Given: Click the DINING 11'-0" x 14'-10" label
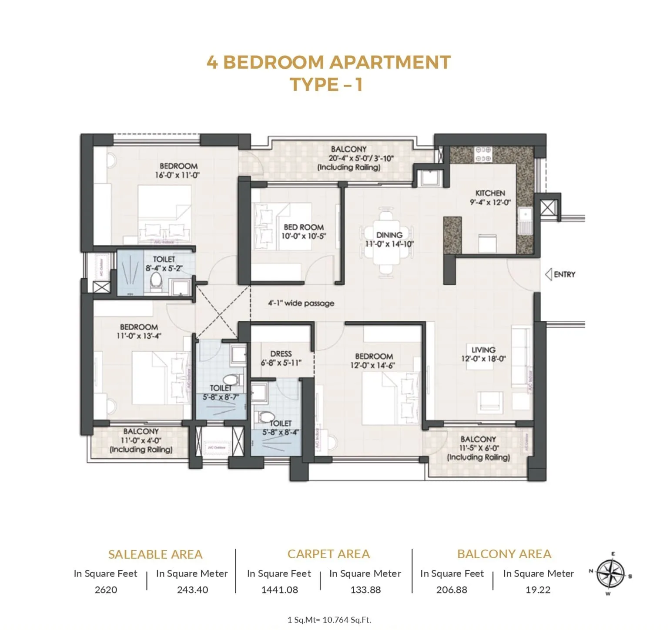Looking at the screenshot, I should pyautogui.click(x=389, y=239).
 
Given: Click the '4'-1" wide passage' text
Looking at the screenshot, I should pyautogui.click(x=301, y=303).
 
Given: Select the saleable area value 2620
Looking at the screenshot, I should pyautogui.click(x=106, y=590).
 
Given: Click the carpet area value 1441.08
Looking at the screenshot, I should pyautogui.click(x=279, y=590).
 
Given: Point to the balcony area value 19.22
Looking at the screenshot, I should pyautogui.click(x=538, y=590).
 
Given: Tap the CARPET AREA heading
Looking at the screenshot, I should pyautogui.click(x=328, y=554).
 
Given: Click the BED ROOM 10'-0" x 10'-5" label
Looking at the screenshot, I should pyautogui.click(x=303, y=231).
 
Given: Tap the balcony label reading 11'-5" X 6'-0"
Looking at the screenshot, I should pyautogui.click(x=479, y=448).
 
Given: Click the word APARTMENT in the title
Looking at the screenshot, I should pyautogui.click(x=390, y=62).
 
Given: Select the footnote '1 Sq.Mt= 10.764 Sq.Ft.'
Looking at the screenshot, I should pyautogui.click(x=329, y=620).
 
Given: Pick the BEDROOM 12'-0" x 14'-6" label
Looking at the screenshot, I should pyautogui.click(x=374, y=361).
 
